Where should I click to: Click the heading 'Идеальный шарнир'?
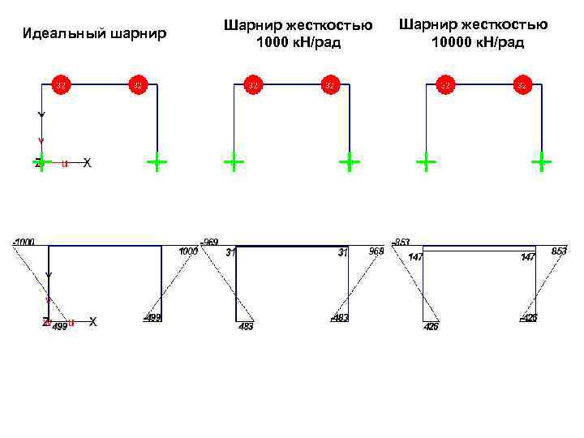click(x=95, y=34)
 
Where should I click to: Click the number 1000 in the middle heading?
click(x=269, y=42)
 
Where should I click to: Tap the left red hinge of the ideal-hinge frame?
click(x=61, y=84)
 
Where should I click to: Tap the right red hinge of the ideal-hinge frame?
click(x=138, y=84)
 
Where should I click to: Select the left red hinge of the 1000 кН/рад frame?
click(x=253, y=84)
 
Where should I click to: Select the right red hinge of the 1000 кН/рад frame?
click(x=330, y=84)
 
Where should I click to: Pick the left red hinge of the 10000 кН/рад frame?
click(x=445, y=84)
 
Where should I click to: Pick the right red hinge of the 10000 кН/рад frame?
click(x=522, y=84)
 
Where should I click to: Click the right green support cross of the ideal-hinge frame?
click(x=157, y=163)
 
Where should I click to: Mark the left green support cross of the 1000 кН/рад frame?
click(x=234, y=163)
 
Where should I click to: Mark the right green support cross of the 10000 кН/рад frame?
click(x=541, y=163)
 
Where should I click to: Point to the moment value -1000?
click(x=24, y=242)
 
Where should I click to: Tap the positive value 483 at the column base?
click(x=246, y=327)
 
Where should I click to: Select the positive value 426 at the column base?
click(x=431, y=327)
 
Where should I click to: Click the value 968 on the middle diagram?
click(x=376, y=251)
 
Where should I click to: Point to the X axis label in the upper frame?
click(x=87, y=163)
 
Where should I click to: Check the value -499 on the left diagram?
click(x=152, y=317)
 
